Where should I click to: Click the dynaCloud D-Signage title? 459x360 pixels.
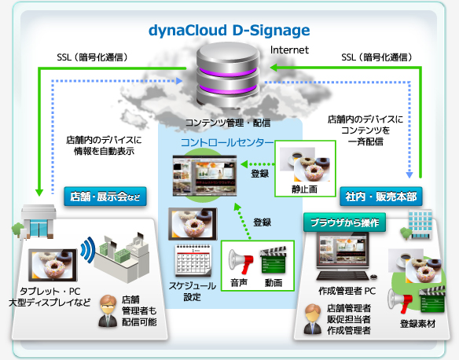pyautogui.click(x=229, y=31)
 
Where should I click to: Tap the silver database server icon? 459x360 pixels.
pyautogui.click(x=228, y=74)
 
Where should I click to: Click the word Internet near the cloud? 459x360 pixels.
pyautogui.click(x=289, y=50)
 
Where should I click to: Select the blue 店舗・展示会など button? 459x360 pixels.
pyautogui.click(x=105, y=197)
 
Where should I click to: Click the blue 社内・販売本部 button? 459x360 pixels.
pyautogui.click(x=381, y=197)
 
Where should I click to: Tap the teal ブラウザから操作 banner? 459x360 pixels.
pyautogui.click(x=344, y=222)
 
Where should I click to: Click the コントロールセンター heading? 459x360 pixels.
pyautogui.click(x=227, y=142)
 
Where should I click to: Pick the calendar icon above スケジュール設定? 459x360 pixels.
pyautogui.click(x=193, y=260)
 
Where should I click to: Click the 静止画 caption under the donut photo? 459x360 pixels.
pyautogui.click(x=304, y=189)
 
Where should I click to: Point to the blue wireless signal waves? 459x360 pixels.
pyautogui.click(x=88, y=250)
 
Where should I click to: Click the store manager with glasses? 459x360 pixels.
pyautogui.click(x=108, y=310)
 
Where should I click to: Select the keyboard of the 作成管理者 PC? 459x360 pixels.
pyautogui.click(x=343, y=275)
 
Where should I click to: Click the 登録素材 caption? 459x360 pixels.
pyautogui.click(x=417, y=324)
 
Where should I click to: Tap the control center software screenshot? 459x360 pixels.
pyautogui.click(x=204, y=175)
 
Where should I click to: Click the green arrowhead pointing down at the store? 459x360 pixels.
pyautogui.click(x=39, y=193)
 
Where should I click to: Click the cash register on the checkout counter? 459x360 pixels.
pyautogui.click(x=137, y=245)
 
